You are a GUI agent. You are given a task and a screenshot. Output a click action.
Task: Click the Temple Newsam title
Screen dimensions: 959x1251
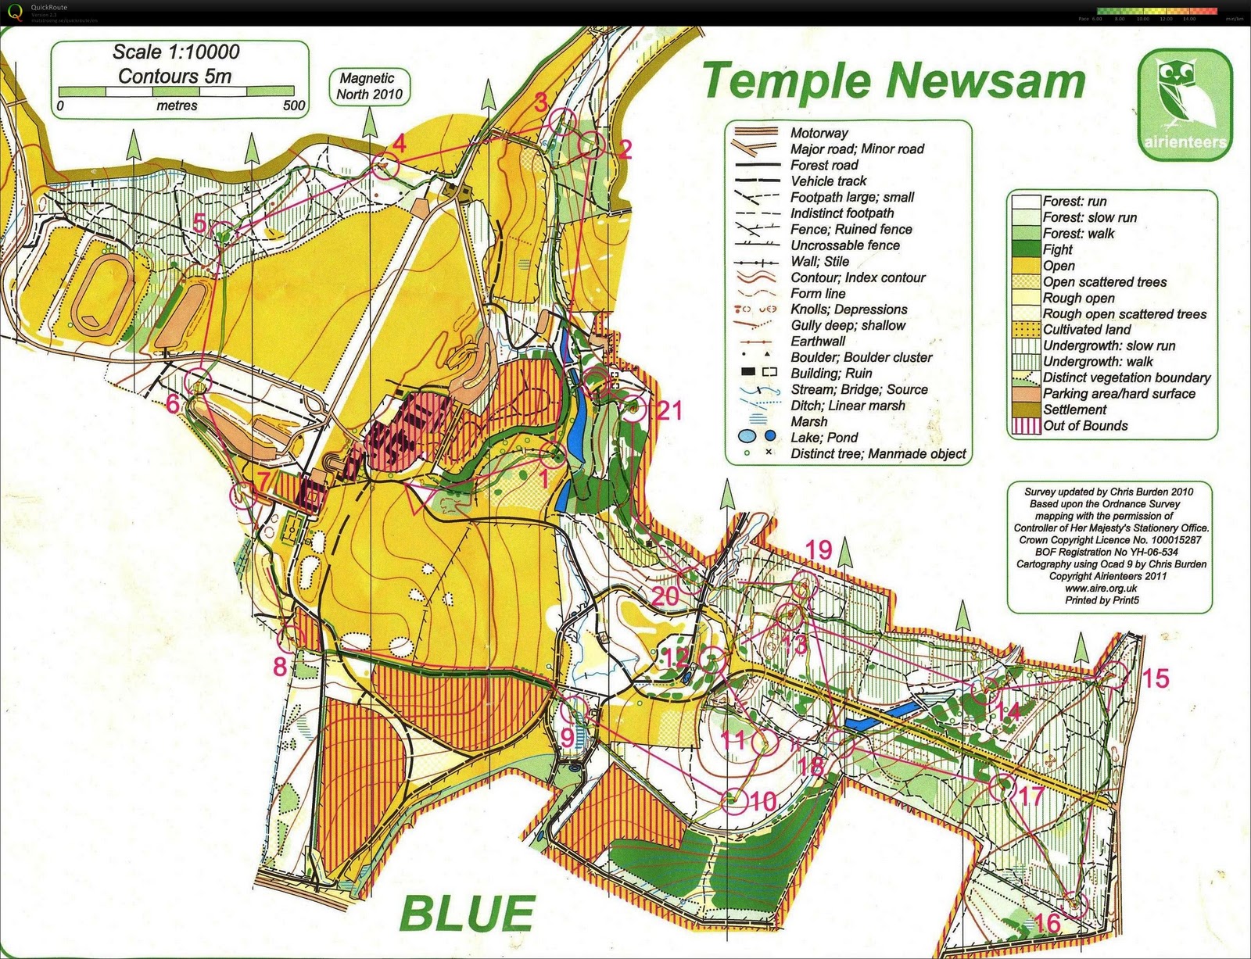894,81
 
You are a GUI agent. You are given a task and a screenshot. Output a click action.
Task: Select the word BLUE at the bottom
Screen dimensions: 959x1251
467,912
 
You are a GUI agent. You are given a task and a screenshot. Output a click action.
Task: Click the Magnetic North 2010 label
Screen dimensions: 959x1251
369,86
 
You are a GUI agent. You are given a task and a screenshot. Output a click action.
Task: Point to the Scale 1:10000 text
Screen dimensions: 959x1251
176,52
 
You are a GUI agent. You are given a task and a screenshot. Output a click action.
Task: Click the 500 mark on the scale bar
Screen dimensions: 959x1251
294,106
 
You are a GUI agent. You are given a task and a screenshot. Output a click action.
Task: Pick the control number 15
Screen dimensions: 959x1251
1156,678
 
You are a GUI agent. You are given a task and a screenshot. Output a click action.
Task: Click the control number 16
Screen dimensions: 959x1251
1048,924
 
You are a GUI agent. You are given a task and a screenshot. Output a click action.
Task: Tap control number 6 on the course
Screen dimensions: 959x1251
173,403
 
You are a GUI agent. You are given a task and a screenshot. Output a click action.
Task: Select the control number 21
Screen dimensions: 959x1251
669,410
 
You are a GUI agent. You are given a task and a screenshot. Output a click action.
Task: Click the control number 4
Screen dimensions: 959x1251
400,144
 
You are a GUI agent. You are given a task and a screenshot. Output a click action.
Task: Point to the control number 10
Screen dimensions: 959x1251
763,801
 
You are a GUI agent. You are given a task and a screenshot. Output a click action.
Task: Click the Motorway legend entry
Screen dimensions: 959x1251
819,133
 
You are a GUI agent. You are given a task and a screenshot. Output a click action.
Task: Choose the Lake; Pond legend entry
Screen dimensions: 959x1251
823,438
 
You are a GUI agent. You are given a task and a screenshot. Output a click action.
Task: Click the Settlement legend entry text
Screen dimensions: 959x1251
1074,410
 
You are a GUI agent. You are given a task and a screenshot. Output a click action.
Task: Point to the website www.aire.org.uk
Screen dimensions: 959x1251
1102,589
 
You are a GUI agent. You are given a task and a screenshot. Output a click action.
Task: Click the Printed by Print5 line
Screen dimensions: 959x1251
1102,600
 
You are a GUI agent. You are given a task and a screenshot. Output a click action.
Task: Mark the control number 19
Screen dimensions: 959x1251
819,549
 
